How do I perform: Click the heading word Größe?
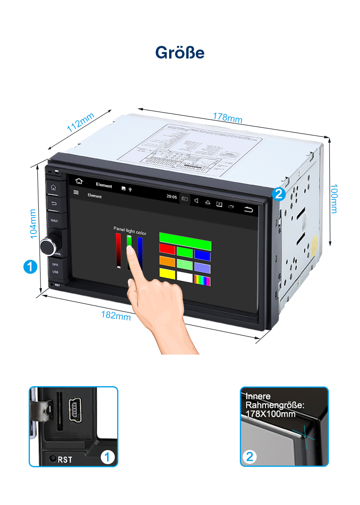click(180, 52)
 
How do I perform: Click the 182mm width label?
click(116, 316)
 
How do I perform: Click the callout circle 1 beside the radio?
click(30, 266)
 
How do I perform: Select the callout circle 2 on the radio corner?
click(279, 194)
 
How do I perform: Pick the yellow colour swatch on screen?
click(167, 273)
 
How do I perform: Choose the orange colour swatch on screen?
click(167, 261)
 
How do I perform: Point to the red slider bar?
click(118, 250)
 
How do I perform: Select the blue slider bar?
click(140, 252)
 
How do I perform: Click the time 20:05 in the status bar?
click(171, 197)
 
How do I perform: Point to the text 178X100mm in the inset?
click(270, 414)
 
